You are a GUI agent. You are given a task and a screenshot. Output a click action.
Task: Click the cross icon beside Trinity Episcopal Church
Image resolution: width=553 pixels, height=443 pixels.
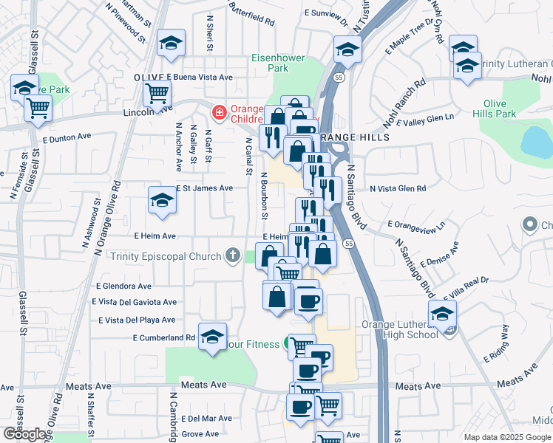233,256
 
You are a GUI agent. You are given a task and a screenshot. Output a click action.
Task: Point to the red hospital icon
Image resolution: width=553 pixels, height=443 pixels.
218,112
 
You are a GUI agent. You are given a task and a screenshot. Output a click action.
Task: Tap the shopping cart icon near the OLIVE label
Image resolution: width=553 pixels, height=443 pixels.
157,94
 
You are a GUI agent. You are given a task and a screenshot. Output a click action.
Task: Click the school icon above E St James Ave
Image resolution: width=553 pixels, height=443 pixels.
162,199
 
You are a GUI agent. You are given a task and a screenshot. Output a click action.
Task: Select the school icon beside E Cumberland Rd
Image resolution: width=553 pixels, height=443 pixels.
212,336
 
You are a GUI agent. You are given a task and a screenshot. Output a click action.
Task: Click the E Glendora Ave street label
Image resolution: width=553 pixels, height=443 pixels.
123,286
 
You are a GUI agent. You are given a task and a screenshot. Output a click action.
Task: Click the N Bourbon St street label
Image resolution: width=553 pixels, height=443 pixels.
263,196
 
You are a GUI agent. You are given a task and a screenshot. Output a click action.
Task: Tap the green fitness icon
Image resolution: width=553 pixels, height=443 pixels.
287,344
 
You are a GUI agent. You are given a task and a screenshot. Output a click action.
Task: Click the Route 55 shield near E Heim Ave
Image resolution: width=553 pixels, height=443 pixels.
348,243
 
